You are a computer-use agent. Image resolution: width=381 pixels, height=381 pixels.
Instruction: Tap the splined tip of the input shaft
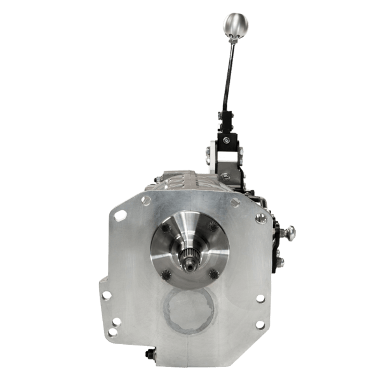pos(188,258)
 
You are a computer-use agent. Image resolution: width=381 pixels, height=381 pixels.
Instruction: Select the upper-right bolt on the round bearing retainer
pos(212,225)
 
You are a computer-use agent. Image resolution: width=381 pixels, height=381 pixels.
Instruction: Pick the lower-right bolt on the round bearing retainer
pos(212,274)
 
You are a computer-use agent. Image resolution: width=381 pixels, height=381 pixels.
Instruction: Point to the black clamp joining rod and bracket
pos(226,118)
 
